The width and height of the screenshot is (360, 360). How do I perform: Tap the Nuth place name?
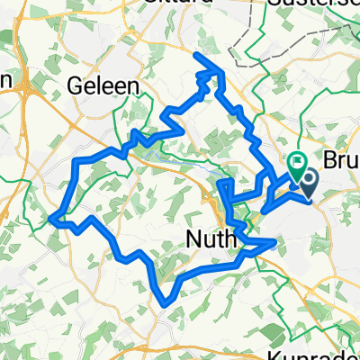pos(211,239)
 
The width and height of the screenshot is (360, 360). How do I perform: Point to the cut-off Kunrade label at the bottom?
pos(326,353)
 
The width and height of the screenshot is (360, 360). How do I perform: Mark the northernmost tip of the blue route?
pos(197,55)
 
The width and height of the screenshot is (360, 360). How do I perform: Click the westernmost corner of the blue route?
pos(53,217)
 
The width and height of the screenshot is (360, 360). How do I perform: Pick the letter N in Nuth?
pos(193,239)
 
